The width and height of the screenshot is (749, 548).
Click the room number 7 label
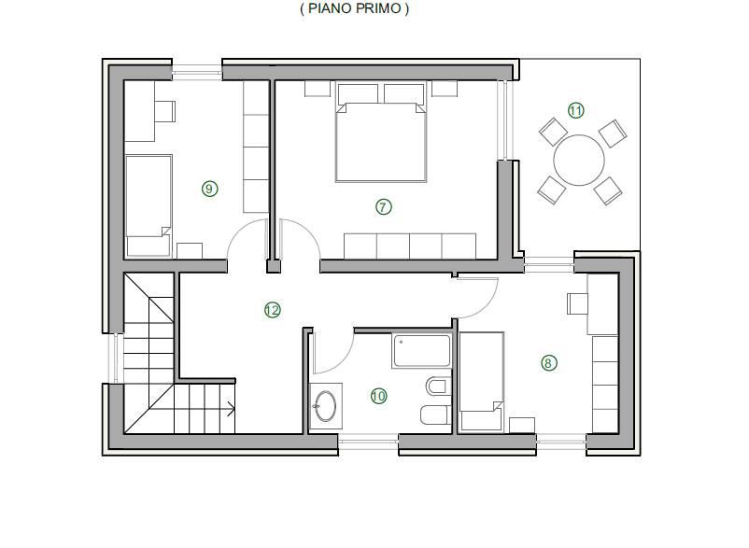pyautogui.click(x=383, y=207)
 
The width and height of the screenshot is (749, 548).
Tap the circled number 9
pyautogui.click(x=210, y=189)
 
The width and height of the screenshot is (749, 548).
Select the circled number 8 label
pyautogui.click(x=548, y=363)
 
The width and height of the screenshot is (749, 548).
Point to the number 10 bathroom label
pyautogui.click(x=379, y=396)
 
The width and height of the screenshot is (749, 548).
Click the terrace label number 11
pyautogui.click(x=576, y=111)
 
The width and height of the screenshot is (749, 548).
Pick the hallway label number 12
pyautogui.click(x=273, y=311)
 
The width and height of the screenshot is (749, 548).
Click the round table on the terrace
pyautogui.click(x=579, y=161)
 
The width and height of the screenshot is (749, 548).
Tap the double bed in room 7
pyautogui.click(x=381, y=133)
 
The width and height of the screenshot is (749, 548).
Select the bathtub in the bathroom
pyautogui.click(x=422, y=351)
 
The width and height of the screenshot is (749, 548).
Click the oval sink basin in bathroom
pyautogui.click(x=326, y=406)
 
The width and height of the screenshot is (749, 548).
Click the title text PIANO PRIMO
pyautogui.click(x=355, y=8)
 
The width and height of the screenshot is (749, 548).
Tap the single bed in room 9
pyautogui.click(x=148, y=205)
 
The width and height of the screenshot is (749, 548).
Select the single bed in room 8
pyautogui.click(x=481, y=381)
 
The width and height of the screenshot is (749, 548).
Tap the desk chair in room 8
pyautogui.click(x=577, y=303)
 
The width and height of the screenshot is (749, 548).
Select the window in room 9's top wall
pyautogui.click(x=197, y=73)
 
